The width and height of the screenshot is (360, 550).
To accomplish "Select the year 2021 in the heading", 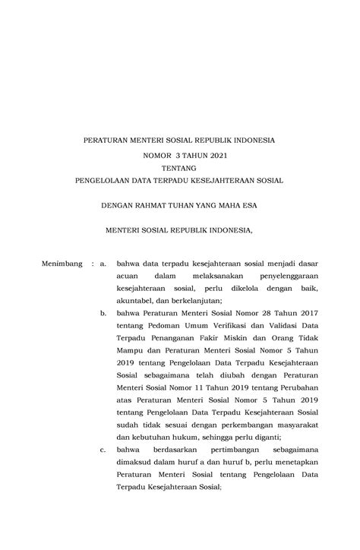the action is point(215,154).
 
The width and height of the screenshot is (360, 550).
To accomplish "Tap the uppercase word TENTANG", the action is point(179,167).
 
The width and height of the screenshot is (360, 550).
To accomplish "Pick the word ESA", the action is point(248,205).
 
